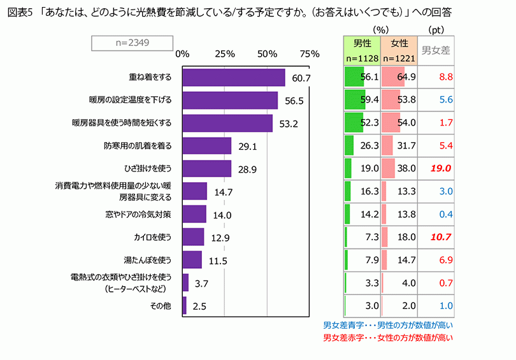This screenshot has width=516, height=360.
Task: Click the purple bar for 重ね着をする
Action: pos(233,77)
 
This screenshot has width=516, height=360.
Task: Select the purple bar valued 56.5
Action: pos(230,101)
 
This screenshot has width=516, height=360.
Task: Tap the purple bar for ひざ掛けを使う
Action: pos(206,168)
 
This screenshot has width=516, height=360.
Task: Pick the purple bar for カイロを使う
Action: pos(193,237)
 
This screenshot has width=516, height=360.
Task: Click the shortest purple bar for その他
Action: pos(184,306)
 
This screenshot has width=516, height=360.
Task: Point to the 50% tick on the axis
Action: pos(268,54)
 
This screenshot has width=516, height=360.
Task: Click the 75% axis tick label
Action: pos(310,54)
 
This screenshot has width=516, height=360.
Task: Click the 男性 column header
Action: pos(361,44)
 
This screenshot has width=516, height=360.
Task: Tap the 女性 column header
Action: pos(399,44)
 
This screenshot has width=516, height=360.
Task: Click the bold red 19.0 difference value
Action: pos(440,169)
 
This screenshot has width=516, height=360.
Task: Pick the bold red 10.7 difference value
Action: pos(440,237)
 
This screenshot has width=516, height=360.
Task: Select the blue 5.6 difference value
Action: pos(445,100)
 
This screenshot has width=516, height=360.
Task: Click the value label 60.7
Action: pos(301,78)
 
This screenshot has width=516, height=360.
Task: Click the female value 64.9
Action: pos(406,77)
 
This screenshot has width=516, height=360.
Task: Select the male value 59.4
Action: pos(369,100)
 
